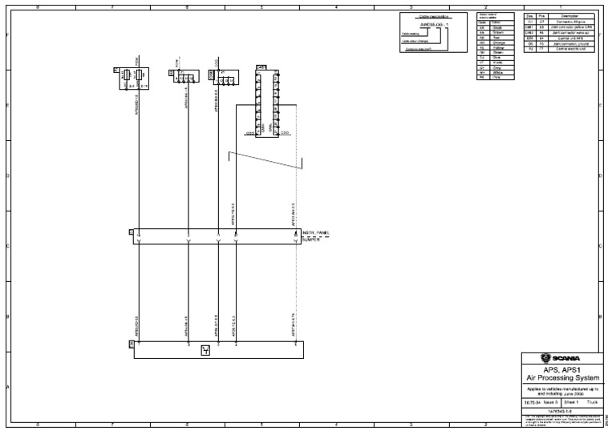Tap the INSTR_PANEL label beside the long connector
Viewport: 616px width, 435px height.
317,232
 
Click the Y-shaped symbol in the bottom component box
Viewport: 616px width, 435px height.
205,349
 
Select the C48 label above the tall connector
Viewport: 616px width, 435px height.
261,67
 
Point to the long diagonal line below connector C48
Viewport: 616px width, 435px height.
265,160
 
